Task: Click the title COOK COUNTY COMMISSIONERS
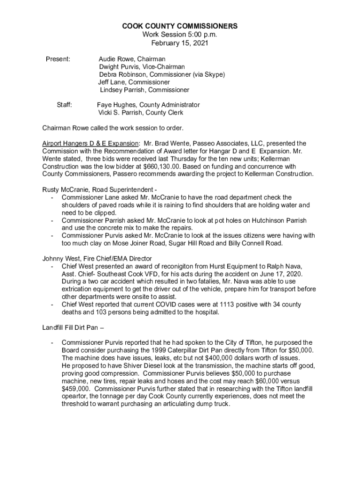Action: tap(180, 26)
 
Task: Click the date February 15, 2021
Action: tap(180, 43)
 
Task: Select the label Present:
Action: tap(58, 59)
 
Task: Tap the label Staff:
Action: tap(64, 105)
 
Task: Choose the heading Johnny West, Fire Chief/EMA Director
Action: tap(103, 258)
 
